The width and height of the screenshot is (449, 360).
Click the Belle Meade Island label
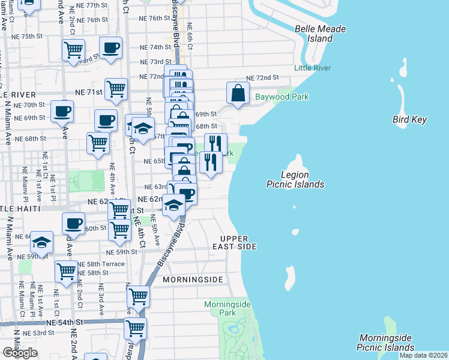pyautogui.click(x=313, y=34)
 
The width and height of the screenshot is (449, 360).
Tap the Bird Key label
pyautogui.click(x=409, y=119)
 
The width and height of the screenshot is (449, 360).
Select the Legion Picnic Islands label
pyautogui.click(x=295, y=179)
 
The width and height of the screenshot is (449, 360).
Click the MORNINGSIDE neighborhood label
pyautogui.click(x=192, y=280)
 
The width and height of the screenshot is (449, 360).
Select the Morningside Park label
pyautogui.click(x=227, y=308)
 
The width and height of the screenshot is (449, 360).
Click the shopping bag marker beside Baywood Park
pyautogui.click(x=238, y=93)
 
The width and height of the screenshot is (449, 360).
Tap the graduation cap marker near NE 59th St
pyautogui.click(x=41, y=242)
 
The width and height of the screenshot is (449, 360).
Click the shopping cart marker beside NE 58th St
pyautogui.click(x=66, y=271)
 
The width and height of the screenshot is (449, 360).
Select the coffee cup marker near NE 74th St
pyautogui.click(x=110, y=48)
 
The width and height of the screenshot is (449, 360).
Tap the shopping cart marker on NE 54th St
pyautogui.click(x=135, y=328)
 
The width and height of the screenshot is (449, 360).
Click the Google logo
pyautogui.click(x=20, y=353)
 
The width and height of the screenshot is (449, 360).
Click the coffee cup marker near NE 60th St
pyautogui.click(x=74, y=224)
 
